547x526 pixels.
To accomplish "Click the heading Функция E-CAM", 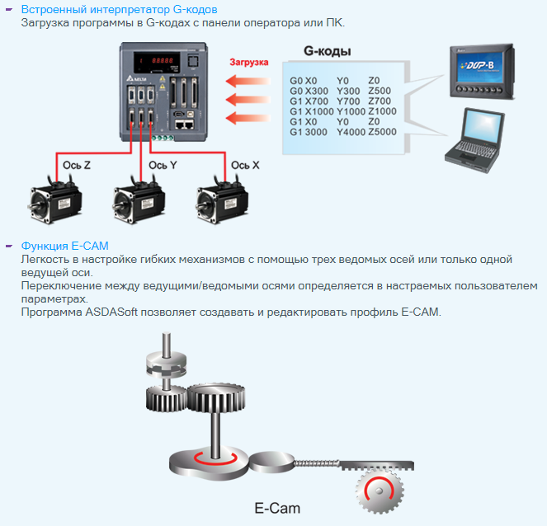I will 65,246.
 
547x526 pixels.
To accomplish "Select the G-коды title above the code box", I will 328,51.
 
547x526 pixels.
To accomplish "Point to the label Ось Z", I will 77,165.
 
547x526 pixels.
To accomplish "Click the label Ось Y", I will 163,165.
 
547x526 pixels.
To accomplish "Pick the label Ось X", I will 245,165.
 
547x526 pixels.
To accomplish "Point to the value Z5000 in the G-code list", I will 383,131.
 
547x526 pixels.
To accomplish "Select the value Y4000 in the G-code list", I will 350,131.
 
